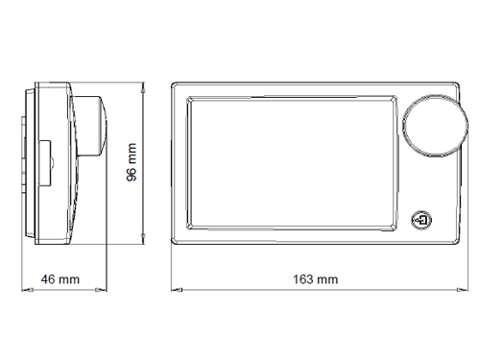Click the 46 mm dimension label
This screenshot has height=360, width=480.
(60, 279)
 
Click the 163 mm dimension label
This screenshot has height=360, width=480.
(316, 279)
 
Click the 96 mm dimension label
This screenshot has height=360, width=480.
(132, 162)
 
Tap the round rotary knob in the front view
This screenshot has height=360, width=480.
(435, 126)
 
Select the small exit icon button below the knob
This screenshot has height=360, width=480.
(421, 220)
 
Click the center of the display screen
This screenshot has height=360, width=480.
(292, 162)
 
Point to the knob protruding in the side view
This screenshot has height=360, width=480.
(91, 126)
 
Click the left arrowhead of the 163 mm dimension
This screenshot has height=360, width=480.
(177, 290)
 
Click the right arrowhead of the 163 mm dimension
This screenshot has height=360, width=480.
(462, 290)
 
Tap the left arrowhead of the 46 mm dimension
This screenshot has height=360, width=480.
(27, 290)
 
